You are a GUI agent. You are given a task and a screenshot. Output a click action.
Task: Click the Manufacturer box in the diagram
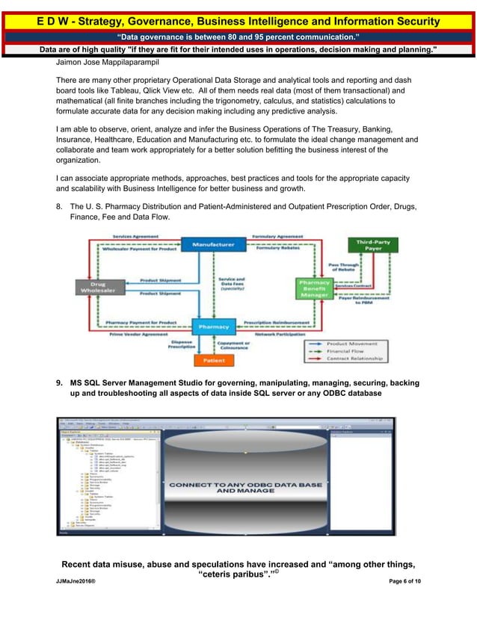(x=213, y=244)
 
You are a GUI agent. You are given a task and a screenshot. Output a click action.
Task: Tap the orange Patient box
(x=214, y=361)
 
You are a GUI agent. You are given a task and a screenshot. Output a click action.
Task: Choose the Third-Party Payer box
(x=374, y=245)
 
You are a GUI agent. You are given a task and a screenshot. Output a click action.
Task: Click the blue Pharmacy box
(x=214, y=326)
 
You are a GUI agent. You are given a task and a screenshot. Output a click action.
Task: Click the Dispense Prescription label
(x=181, y=344)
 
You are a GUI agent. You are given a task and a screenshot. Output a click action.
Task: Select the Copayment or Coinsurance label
(x=250, y=344)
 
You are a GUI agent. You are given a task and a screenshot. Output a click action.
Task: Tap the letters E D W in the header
(x=52, y=22)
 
